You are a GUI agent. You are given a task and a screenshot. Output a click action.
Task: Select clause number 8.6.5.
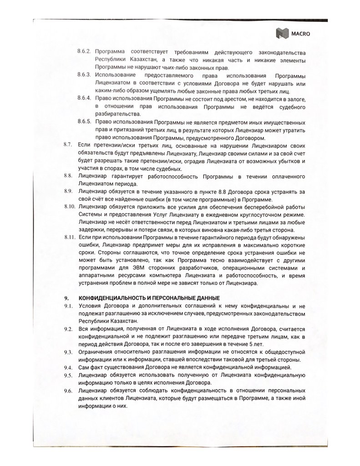[x=85, y=123]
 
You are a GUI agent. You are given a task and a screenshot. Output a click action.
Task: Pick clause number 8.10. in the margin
[x=69, y=207]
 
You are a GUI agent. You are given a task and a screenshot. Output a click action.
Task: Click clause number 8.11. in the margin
[x=69, y=238]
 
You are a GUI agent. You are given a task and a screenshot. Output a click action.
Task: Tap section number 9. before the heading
[x=66, y=298]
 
